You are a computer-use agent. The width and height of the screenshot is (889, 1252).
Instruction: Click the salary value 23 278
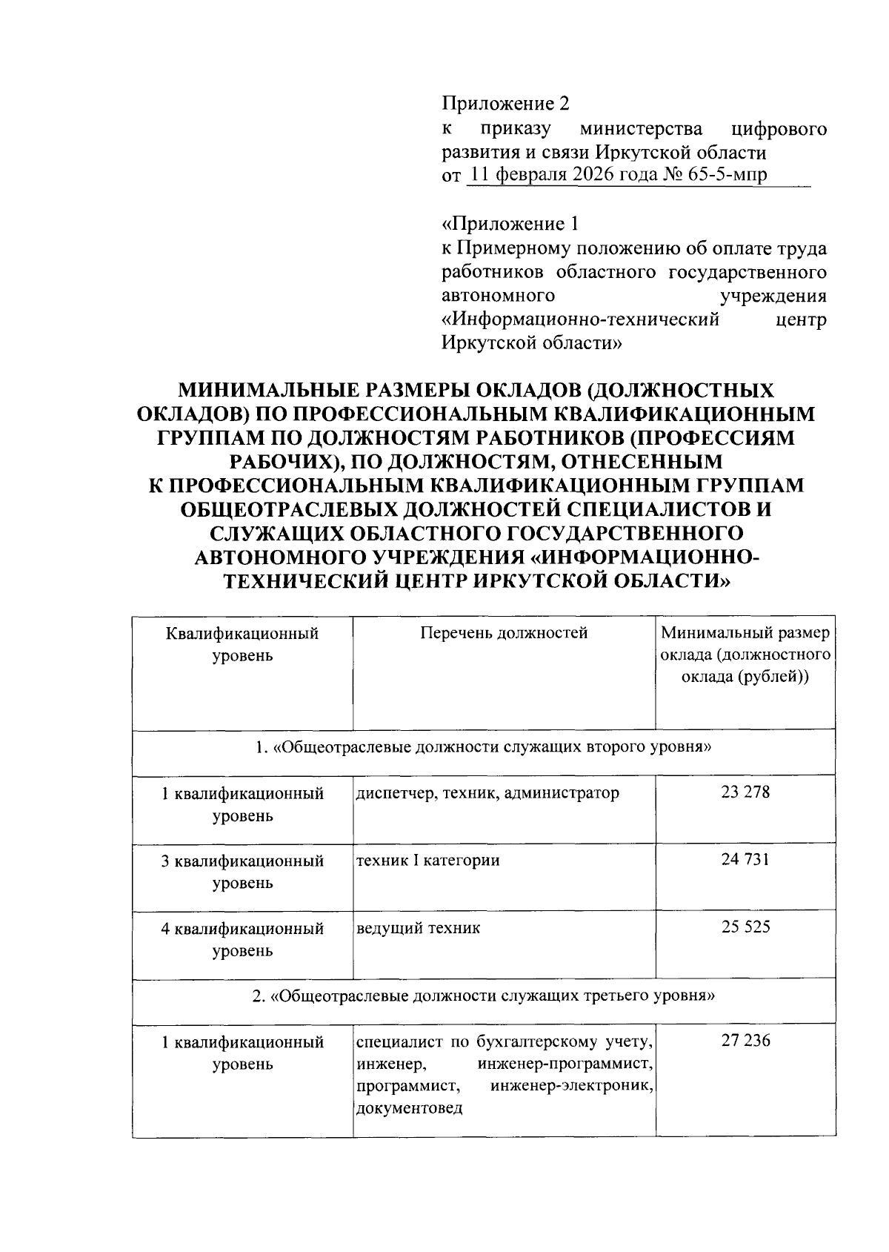pos(745,792)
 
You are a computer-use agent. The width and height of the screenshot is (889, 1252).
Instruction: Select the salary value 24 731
pos(745,860)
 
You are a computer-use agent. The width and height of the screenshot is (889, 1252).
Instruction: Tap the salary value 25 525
pos(745,927)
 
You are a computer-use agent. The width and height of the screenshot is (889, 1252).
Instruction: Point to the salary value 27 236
pos(745,1041)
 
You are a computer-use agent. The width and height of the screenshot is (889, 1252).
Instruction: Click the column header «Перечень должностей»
pos(504,633)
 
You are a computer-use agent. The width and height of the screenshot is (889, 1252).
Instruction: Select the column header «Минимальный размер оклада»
pos(745,655)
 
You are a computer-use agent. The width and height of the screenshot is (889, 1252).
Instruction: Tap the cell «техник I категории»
pos(428,860)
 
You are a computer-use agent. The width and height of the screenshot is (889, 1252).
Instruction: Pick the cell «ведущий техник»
pos(418,927)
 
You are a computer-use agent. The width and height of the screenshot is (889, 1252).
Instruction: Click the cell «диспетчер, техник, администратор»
pos(487,793)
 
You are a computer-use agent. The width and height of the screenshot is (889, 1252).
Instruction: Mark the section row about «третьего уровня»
pos(483,996)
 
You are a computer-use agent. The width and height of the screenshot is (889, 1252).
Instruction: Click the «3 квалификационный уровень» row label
pos(243,872)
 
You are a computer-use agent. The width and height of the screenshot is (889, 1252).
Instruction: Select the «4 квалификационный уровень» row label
pos(243,938)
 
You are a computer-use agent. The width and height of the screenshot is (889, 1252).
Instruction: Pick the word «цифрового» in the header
pos(779,130)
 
